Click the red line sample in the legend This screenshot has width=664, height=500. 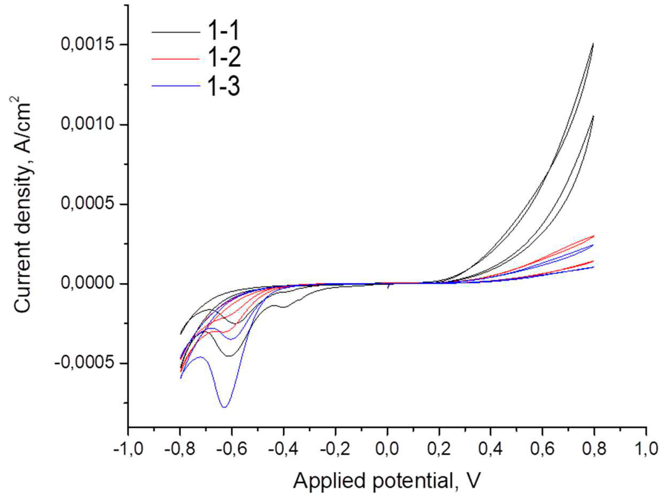[x=176, y=59]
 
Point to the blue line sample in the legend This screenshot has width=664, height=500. [x=176, y=86]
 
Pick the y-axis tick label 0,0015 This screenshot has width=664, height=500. [x=88, y=45]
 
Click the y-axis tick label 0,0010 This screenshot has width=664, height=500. [x=88, y=124]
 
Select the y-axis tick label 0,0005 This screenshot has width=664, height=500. [x=88, y=204]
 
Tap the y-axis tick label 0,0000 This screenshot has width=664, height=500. [x=88, y=284]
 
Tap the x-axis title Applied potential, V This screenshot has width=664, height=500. [x=387, y=481]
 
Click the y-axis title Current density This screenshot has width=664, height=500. [x=23, y=207]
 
